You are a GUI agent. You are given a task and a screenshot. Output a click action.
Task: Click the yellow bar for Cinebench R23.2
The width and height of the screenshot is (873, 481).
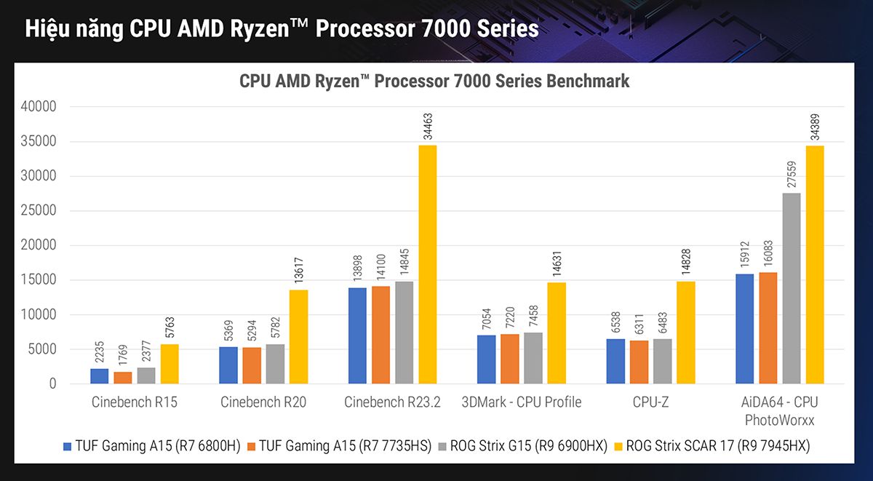(427, 264)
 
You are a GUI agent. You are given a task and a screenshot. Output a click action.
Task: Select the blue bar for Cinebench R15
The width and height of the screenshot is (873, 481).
(100, 376)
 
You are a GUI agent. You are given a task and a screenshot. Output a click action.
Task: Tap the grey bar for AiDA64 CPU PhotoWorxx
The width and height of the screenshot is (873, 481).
(792, 288)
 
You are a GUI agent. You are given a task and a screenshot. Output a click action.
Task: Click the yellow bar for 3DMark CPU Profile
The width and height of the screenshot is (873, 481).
(557, 333)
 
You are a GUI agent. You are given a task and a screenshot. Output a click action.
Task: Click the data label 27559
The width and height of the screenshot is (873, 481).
(792, 174)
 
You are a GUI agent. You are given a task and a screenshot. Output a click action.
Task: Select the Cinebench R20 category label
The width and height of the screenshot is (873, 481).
(263, 402)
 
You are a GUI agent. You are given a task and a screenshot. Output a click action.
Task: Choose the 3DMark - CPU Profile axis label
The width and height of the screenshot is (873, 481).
(521, 402)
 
